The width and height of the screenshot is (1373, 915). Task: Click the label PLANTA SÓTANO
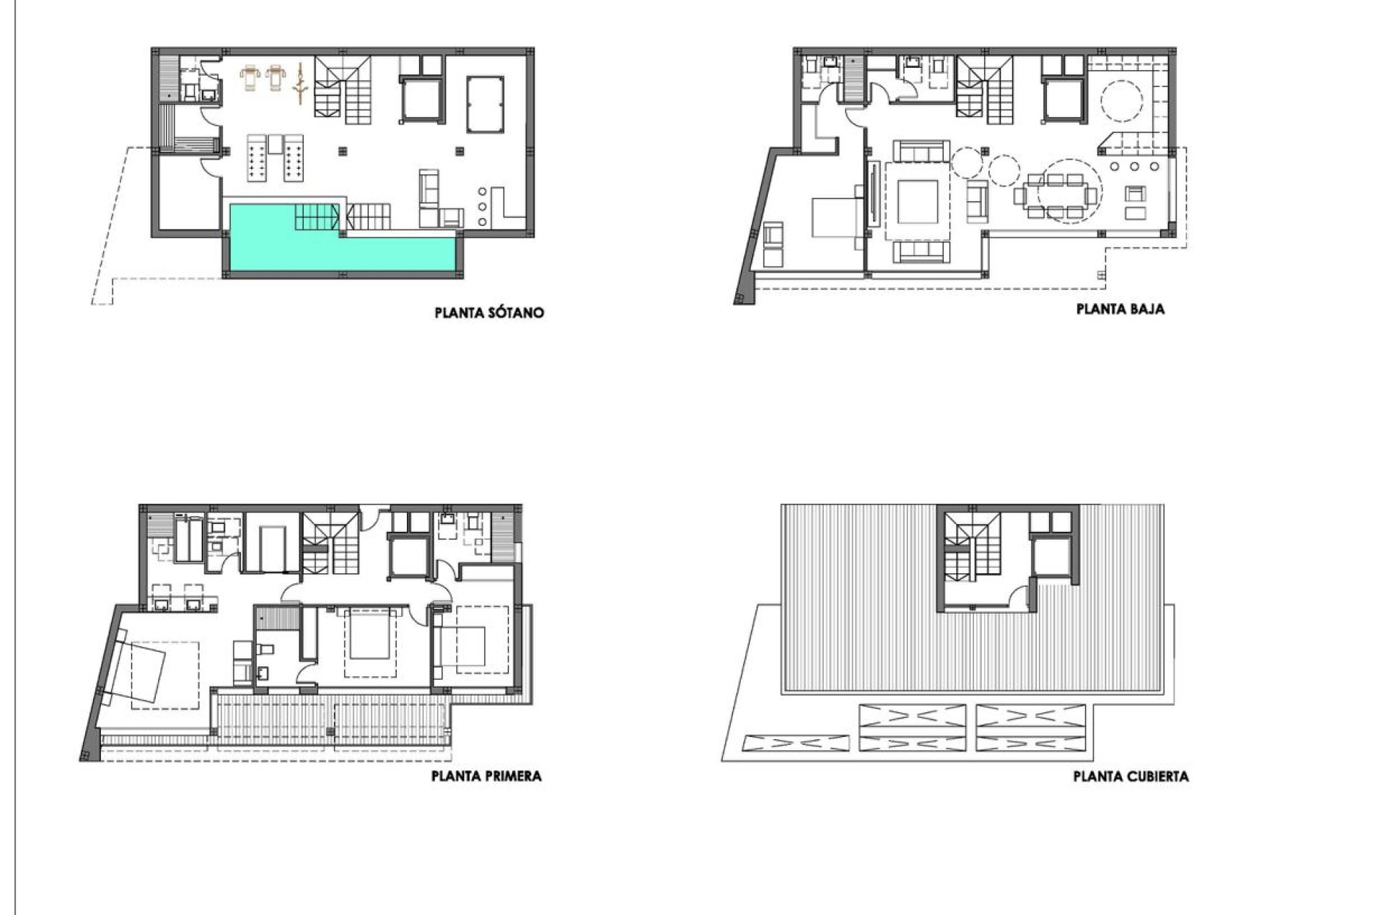coord(489,312)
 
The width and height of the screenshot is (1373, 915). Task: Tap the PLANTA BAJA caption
coord(1120,309)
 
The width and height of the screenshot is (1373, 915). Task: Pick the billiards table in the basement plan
coord(485,104)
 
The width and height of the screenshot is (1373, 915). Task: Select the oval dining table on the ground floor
coord(1055,192)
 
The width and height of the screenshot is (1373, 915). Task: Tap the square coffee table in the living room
coord(918,203)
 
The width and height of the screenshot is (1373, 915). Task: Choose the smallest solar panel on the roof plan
coord(796,743)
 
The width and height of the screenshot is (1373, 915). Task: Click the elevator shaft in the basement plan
coord(420,100)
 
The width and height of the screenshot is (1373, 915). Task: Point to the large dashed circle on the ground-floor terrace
coord(1121,102)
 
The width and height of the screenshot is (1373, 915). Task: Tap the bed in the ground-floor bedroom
coord(837,217)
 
